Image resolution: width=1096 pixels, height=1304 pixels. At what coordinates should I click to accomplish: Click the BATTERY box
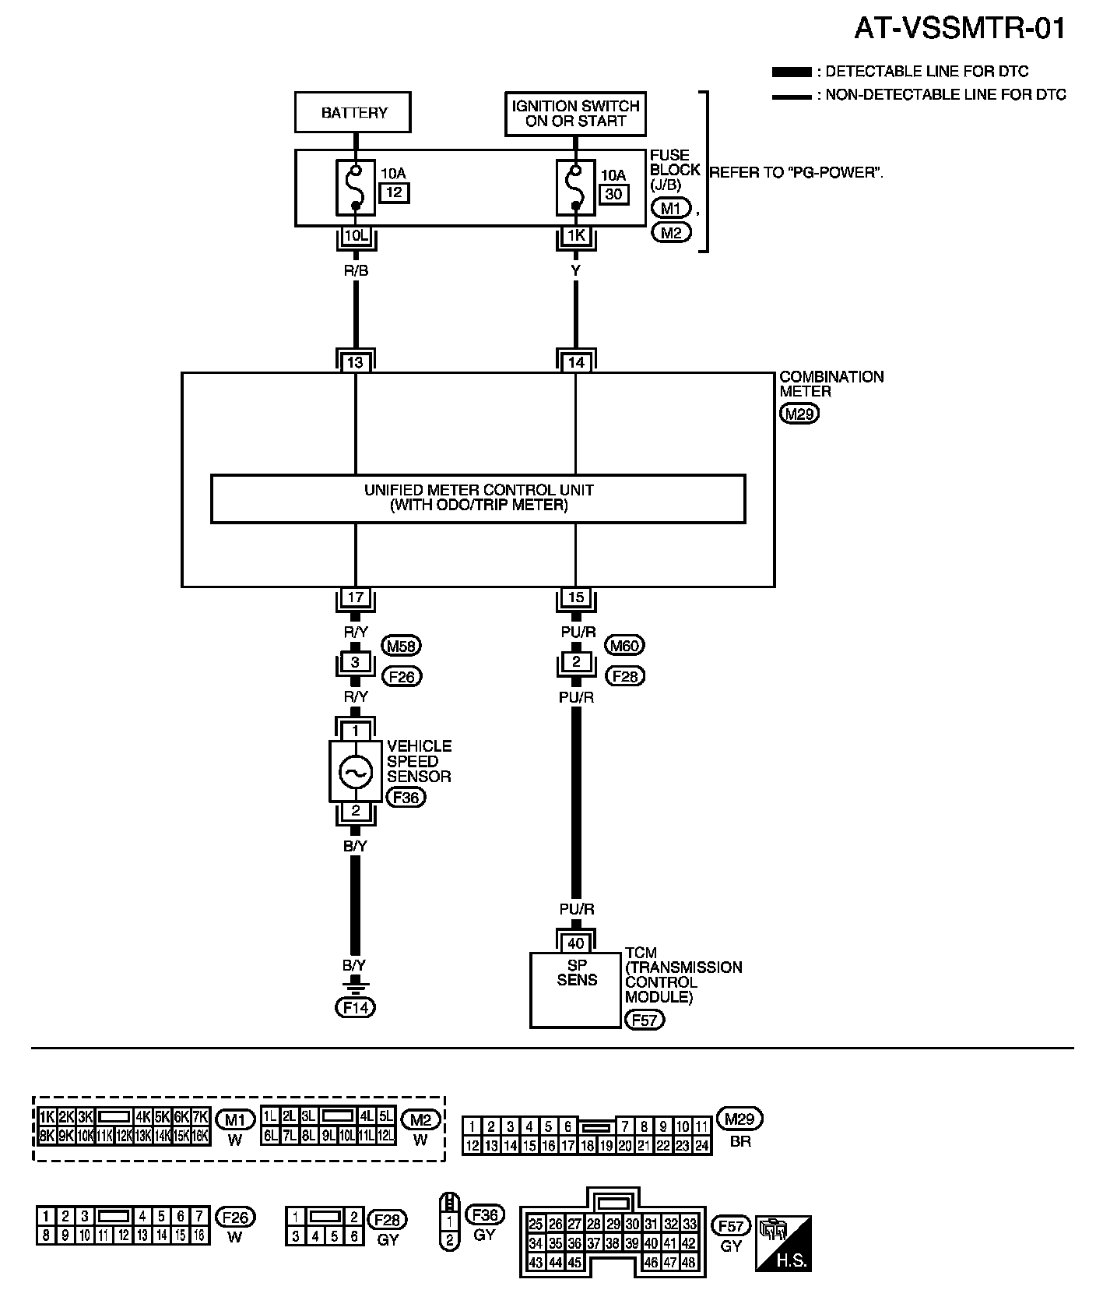pyautogui.click(x=353, y=112)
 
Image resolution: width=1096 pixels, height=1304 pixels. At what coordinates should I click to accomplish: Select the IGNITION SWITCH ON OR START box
pyautogui.click(x=576, y=113)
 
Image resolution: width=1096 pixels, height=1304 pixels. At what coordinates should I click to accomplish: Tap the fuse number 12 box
pyautogui.click(x=395, y=192)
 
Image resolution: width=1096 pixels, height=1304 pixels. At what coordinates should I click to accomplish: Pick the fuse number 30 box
pyautogui.click(x=614, y=193)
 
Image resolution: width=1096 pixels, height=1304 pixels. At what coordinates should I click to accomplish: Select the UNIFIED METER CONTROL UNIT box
pyautogui.click(x=478, y=498)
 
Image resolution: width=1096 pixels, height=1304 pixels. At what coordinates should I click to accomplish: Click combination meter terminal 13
pyautogui.click(x=356, y=362)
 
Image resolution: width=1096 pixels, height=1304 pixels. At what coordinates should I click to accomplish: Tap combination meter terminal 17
pyautogui.click(x=356, y=597)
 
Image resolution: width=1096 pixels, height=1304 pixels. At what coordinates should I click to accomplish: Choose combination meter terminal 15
pyautogui.click(x=576, y=597)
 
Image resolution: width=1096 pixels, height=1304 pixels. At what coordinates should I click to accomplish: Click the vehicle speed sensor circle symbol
pyautogui.click(x=356, y=772)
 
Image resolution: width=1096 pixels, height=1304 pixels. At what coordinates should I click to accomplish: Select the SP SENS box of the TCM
pyautogui.click(x=576, y=989)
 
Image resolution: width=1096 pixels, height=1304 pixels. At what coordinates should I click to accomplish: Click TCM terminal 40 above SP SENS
pyautogui.click(x=576, y=943)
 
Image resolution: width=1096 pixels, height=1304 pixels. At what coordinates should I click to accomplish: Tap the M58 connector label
pyautogui.click(x=402, y=646)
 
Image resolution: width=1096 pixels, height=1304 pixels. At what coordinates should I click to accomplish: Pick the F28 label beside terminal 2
pyautogui.click(x=625, y=676)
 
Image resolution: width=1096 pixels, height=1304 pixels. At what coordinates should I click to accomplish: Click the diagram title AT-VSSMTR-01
pyautogui.click(x=960, y=29)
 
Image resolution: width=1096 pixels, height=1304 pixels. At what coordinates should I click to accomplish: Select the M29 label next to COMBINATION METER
pyautogui.click(x=799, y=414)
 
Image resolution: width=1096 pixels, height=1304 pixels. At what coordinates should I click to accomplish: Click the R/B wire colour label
pyautogui.click(x=356, y=271)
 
